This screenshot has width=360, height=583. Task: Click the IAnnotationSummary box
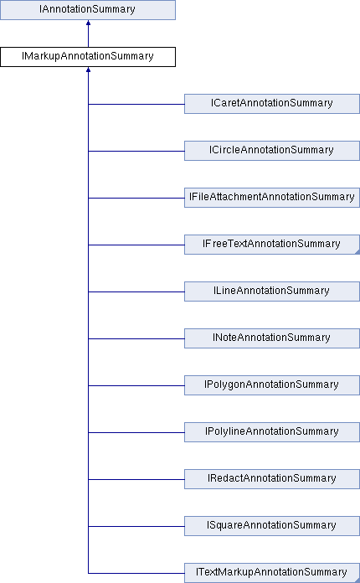click(x=88, y=10)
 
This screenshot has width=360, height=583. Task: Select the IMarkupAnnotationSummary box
click(x=88, y=57)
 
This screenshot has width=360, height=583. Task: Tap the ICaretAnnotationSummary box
click(x=272, y=104)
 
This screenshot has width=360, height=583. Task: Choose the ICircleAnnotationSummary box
click(x=272, y=151)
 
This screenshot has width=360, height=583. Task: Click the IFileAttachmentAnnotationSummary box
click(x=272, y=198)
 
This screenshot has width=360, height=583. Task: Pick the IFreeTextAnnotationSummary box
click(x=272, y=245)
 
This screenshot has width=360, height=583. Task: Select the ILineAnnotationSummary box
click(x=272, y=291)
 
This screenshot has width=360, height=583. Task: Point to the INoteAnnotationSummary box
click(x=272, y=338)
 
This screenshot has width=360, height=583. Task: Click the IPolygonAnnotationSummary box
click(x=272, y=384)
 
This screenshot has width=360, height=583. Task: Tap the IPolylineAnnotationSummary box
click(x=272, y=431)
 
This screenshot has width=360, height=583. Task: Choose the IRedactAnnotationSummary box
click(x=272, y=478)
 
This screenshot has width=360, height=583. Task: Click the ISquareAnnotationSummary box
click(x=272, y=525)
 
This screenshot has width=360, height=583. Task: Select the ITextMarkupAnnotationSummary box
click(x=272, y=573)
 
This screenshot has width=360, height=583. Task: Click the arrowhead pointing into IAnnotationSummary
click(x=88, y=23)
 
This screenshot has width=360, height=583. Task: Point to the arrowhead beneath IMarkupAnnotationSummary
click(x=88, y=70)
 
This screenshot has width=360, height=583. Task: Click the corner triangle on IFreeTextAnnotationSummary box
click(x=357, y=252)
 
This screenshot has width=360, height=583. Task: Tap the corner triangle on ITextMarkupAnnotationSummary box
click(x=357, y=580)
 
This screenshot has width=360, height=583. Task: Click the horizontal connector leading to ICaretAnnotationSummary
click(x=136, y=104)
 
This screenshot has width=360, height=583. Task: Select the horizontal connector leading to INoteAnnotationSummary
click(x=136, y=338)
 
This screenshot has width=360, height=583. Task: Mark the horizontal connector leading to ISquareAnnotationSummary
click(x=136, y=526)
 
